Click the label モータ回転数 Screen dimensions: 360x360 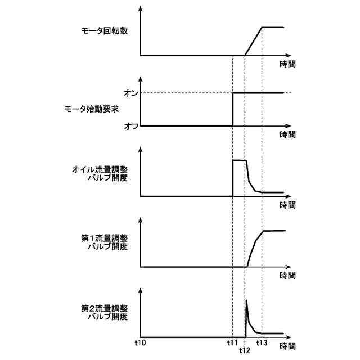coord(105,31)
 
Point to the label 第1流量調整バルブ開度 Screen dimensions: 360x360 coord(105,242)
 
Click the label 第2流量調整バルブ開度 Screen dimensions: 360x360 coord(105,312)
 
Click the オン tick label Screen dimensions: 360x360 coord(131,93)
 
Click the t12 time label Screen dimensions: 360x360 coord(245,350)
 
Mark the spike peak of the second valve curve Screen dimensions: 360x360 coord(247,301)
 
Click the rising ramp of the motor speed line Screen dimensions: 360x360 coord(253,42)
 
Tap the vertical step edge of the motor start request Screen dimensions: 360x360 coord(233,109)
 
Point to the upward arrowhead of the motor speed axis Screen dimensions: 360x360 coord(140,9)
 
